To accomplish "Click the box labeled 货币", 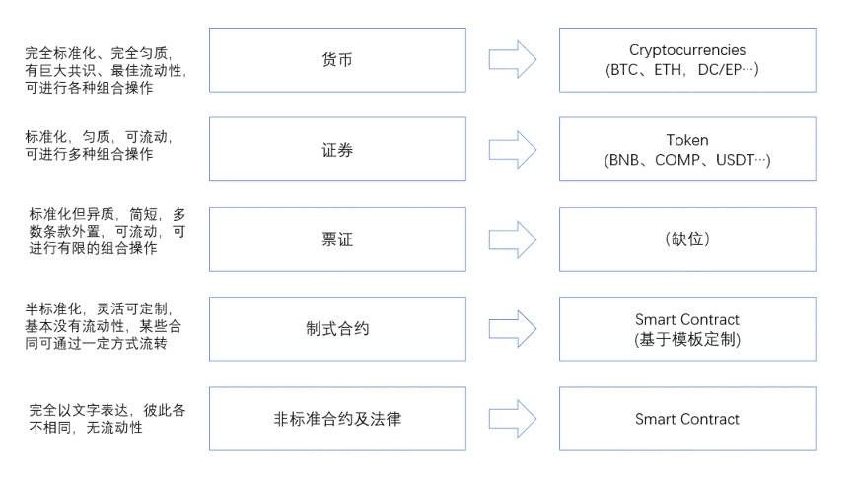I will pos(337,60).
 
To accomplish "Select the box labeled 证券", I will pos(337,150).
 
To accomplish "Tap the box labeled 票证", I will pos(337,239).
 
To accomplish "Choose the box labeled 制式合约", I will pos(337,329).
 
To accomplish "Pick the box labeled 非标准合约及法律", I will pos(337,419).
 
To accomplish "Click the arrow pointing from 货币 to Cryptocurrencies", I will pos(512,60).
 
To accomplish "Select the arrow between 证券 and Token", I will pos(512,150).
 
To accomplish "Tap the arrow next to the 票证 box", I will pos(512,239).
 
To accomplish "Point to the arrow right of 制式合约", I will pos(512,329).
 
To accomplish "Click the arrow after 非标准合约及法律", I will pos(512,419).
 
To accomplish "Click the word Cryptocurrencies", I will pos(686,50).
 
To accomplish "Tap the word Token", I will pos(686,140).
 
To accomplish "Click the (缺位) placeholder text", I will pos(686,239).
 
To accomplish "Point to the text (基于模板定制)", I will pos(686,339).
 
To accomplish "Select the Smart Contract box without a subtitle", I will pos(686,419).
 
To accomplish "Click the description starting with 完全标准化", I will pos(105,70).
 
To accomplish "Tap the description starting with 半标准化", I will pos(105,326).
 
